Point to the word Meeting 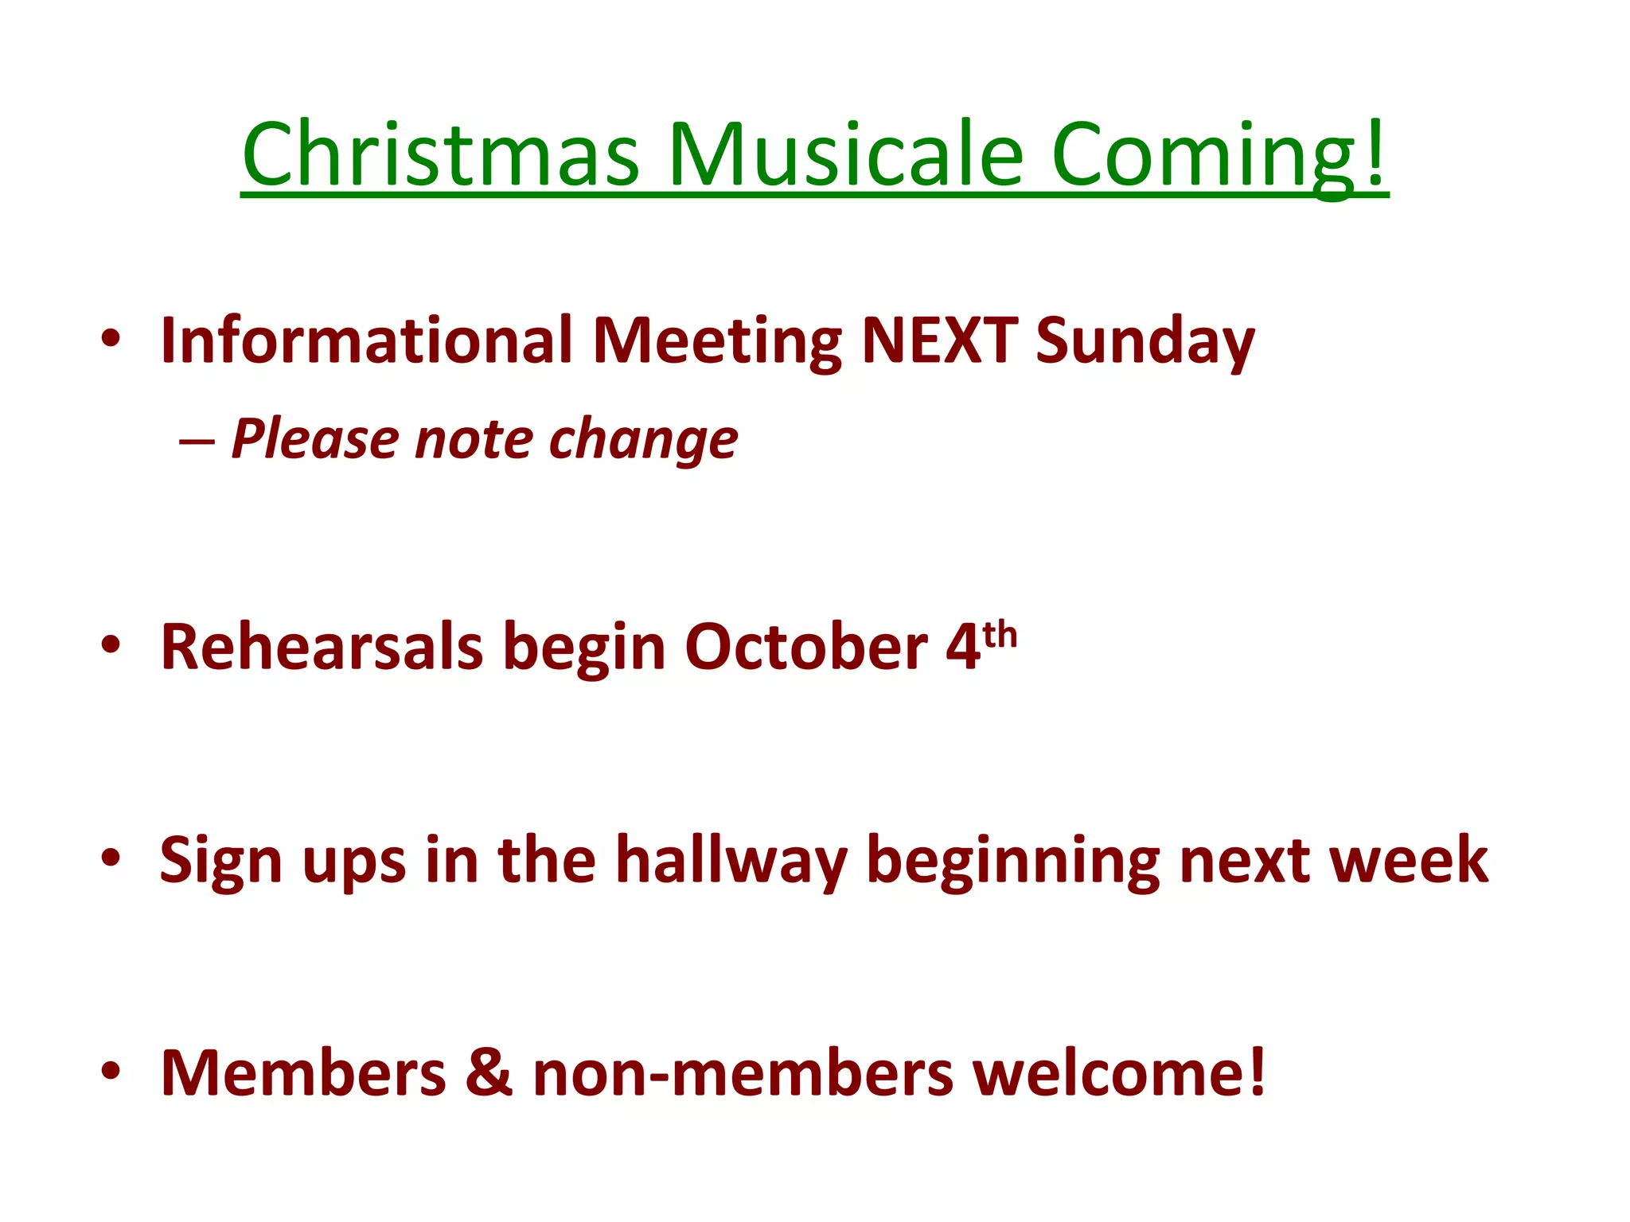click(x=716, y=342)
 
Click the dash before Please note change click(x=197, y=441)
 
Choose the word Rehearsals click(x=322, y=646)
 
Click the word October click(x=805, y=646)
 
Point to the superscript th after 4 click(x=1000, y=635)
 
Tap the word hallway click(x=731, y=861)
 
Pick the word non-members click(x=743, y=1074)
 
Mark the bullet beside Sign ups click(x=111, y=858)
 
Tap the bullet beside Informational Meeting click(x=111, y=338)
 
